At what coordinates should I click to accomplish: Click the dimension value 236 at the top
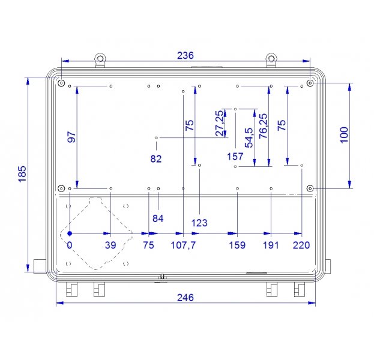coord(185,55)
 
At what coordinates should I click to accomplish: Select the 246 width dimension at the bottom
coord(185,298)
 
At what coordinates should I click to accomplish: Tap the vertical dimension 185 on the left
coord(22,174)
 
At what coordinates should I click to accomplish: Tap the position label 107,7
coord(184,245)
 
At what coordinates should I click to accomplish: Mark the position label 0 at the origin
coord(69,245)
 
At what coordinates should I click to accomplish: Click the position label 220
coord(301,245)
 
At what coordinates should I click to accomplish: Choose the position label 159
coord(238,245)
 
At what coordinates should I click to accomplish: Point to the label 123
coord(199,223)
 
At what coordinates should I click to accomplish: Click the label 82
coord(157,158)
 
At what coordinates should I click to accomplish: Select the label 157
coord(235,157)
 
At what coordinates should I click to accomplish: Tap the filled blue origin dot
coord(70,233)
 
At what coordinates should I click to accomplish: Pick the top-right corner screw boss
coord(310,82)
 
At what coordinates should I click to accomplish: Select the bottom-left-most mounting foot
coord(72,290)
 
